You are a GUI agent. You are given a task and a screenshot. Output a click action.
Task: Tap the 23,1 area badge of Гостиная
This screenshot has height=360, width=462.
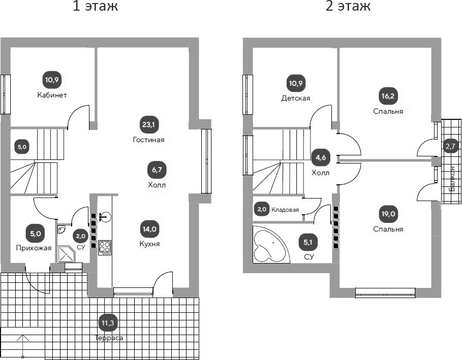pos(148,124)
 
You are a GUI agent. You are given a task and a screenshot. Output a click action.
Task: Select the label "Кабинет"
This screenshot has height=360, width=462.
pos(52,95)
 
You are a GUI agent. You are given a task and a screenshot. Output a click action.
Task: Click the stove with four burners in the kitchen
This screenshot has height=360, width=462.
pos(105,247)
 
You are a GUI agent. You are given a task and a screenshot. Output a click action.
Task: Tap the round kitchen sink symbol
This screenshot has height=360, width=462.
pos(105,217)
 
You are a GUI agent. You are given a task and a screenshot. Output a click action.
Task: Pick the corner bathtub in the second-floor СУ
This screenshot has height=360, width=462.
pos(271,245)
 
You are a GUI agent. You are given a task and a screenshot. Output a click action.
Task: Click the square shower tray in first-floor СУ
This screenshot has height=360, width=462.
pos(67,254)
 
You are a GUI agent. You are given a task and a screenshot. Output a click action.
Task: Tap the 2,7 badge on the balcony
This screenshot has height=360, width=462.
pos(450,147)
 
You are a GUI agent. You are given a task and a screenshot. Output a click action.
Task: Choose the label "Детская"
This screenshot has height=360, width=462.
pos(296,98)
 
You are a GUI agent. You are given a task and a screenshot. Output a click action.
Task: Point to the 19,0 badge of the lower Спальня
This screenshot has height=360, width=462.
pos(388,213)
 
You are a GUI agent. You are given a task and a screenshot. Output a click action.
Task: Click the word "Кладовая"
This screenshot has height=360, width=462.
pos(285,209)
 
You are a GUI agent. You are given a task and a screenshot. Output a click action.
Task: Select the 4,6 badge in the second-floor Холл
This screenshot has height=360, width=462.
pos(320,157)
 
